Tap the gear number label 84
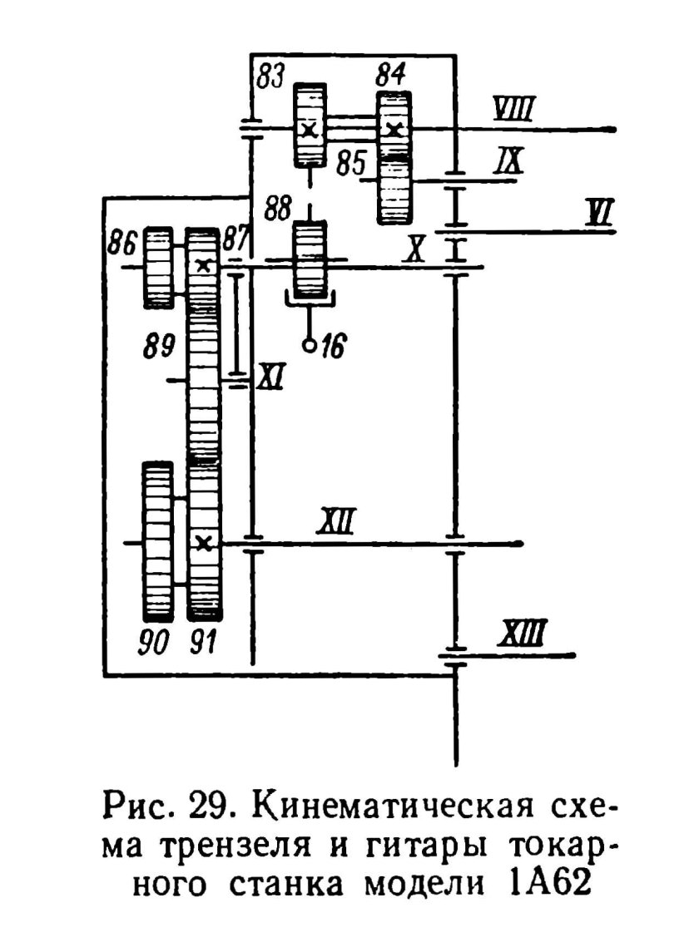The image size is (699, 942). click(391, 77)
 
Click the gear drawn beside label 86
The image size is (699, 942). click(158, 266)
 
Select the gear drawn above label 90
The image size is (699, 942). click(157, 541)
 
